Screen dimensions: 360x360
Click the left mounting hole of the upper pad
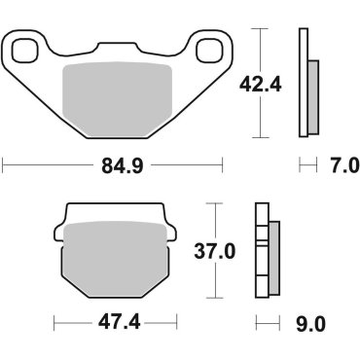pos(25,50)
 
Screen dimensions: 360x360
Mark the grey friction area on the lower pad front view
pos(114,259)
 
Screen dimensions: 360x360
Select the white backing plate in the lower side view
pos(260,253)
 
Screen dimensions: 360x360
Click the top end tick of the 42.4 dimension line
pos(261,29)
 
